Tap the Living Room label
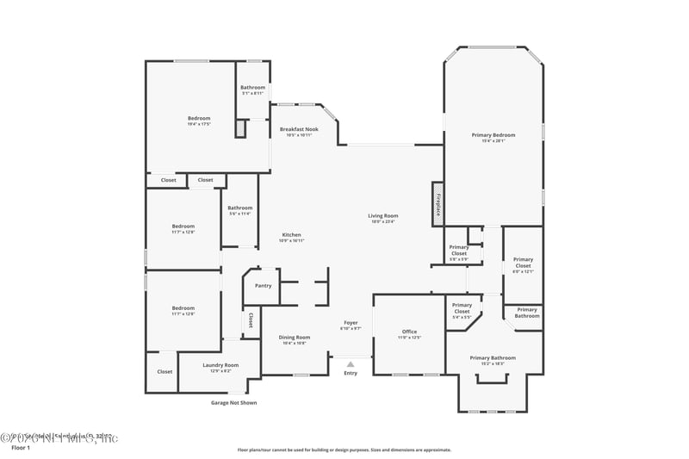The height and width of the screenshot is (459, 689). pos(383,215)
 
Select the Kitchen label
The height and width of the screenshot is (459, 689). pos(291,235)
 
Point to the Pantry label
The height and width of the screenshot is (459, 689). pos(263,286)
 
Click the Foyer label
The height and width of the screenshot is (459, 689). pos(351,323)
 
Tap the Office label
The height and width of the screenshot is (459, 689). pos(409,332)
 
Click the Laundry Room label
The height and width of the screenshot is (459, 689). pos(220,365)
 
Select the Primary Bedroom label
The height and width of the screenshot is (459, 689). pos(493,135)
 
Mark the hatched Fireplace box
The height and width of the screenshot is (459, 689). pos(438,204)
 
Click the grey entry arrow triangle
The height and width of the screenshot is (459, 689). pos(351,364)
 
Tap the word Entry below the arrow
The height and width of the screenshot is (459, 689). pos(351,373)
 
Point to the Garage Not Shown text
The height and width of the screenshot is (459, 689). pos(233,402)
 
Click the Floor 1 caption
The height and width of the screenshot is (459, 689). pos(20,448)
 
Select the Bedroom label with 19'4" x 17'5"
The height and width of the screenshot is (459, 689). pos(199,118)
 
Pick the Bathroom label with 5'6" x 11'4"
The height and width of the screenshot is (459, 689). pos(239,208)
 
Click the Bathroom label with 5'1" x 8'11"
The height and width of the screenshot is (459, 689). pos(252,87)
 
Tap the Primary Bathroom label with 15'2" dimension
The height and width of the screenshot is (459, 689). pos(493,357)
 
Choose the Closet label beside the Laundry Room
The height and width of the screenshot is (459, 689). pos(164,372)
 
